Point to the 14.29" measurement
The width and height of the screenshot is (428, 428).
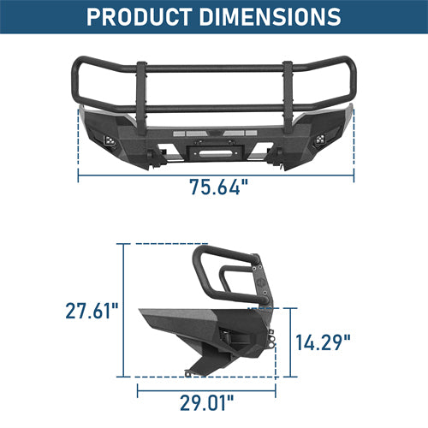[x=324, y=342]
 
